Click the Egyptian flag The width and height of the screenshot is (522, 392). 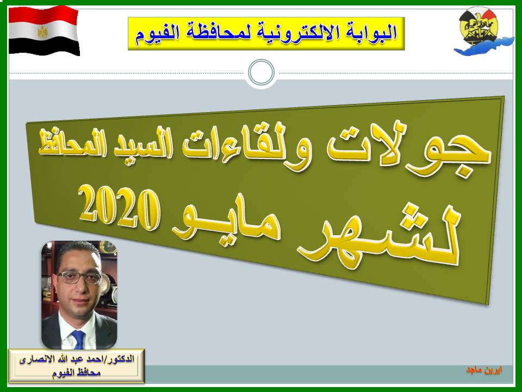coord(43,30)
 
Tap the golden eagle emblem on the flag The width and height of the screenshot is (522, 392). coord(42,32)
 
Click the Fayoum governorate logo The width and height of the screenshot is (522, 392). coord(483,32)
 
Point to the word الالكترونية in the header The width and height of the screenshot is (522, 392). coord(293,33)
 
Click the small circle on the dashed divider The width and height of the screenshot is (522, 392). coord(262,72)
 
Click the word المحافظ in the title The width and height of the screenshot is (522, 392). coord(64,144)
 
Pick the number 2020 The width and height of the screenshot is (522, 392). coord(119,207)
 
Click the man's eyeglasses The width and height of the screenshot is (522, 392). coord(79,277)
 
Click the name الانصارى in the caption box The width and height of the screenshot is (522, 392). coord(35,360)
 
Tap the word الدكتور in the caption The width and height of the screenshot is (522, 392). coord(120,360)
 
